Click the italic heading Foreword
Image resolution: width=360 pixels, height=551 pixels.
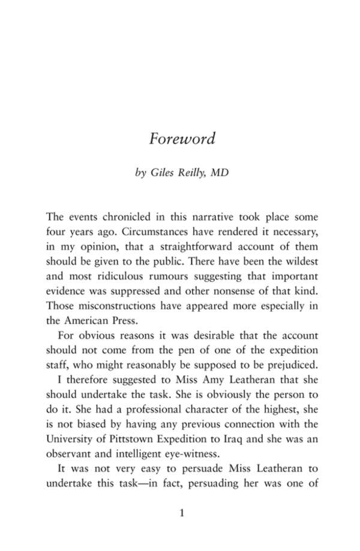[x=182, y=139]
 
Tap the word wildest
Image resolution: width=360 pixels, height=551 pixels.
[x=301, y=261]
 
